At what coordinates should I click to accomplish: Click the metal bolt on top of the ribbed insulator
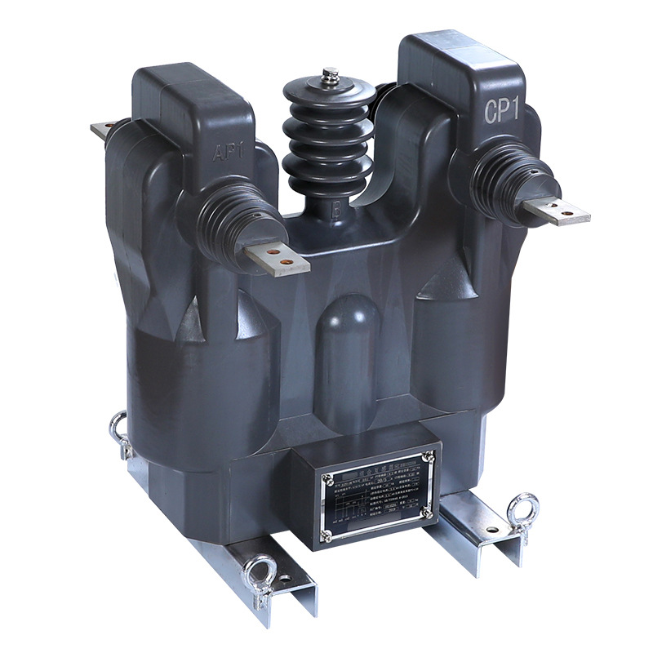point(331,76)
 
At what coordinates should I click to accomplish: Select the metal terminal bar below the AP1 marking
point(278,258)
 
